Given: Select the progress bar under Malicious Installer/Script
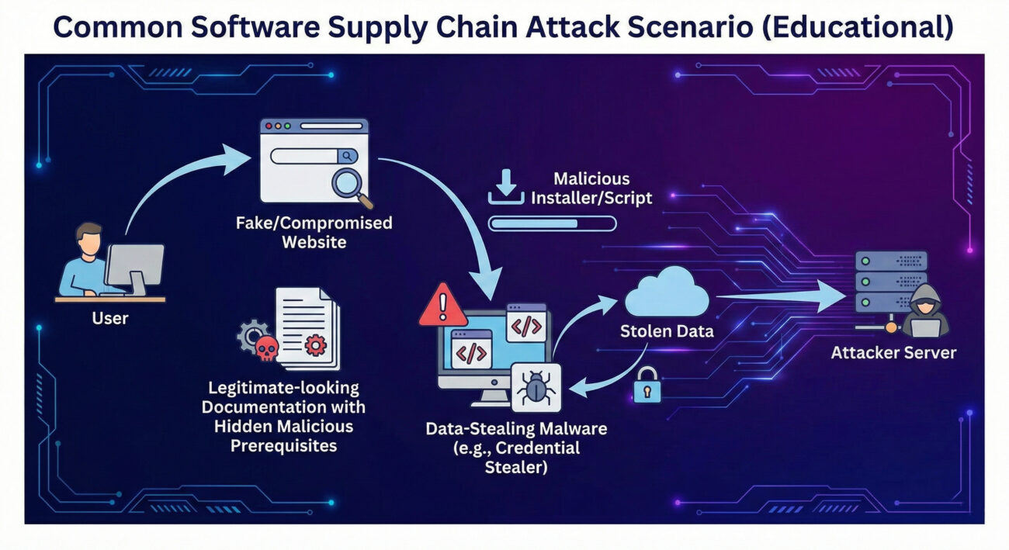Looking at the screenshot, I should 552,224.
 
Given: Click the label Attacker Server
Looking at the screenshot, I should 893,353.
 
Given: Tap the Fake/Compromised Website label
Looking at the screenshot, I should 314,232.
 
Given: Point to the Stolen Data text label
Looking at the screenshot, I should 667,331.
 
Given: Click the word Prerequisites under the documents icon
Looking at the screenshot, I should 286,447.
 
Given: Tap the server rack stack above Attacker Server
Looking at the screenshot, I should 890,281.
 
